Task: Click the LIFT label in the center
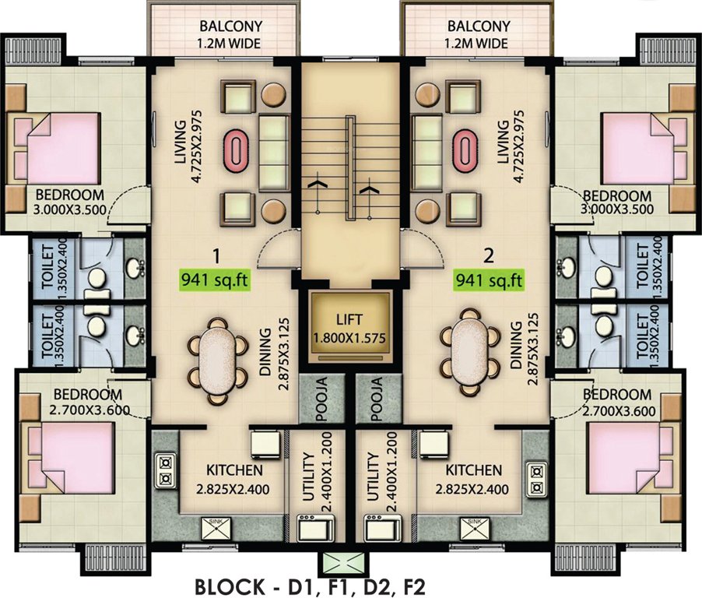click(350, 318)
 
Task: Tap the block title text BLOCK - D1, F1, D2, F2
click(308, 584)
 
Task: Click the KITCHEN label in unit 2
click(473, 470)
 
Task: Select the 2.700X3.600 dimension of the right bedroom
click(619, 410)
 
